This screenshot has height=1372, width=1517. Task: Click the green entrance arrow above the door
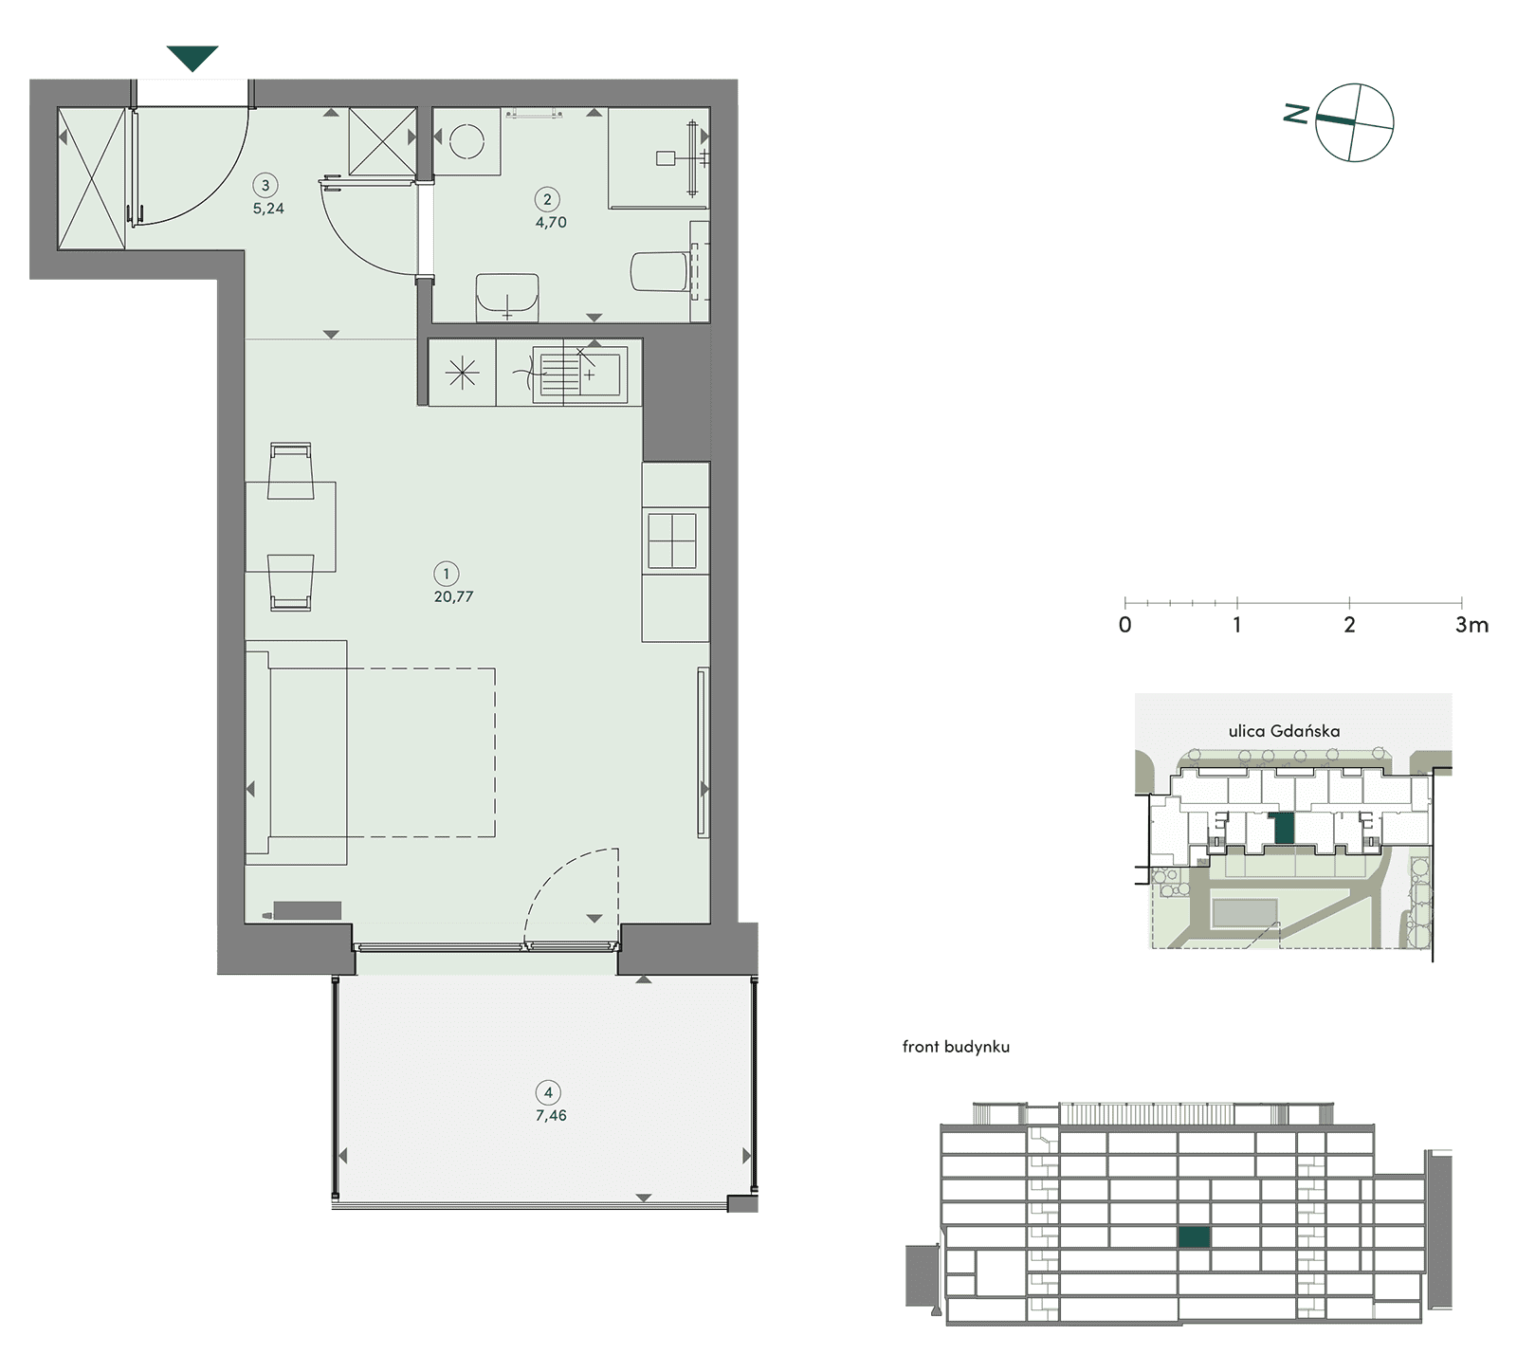[192, 58]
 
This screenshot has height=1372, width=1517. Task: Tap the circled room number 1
[447, 574]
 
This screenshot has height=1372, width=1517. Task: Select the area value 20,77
[453, 597]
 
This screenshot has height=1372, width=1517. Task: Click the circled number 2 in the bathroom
[547, 199]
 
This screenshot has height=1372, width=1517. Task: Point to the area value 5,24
[268, 209]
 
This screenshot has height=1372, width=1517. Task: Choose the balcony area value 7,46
[551, 1116]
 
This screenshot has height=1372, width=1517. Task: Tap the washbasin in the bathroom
[507, 297]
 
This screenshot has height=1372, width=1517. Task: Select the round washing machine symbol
[467, 142]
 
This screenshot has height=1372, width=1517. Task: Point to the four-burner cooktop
[672, 540]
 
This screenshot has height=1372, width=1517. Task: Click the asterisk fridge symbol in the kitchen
[463, 374]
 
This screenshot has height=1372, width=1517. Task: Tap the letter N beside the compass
[1296, 114]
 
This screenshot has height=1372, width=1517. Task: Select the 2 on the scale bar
[1349, 625]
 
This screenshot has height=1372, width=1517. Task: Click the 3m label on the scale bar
[1472, 625]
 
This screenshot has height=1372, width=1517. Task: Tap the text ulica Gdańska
[1284, 731]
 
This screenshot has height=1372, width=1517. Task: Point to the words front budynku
[956, 1047]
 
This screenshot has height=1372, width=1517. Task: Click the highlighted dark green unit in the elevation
[1195, 1236]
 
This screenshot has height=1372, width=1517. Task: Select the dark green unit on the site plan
[1285, 829]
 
